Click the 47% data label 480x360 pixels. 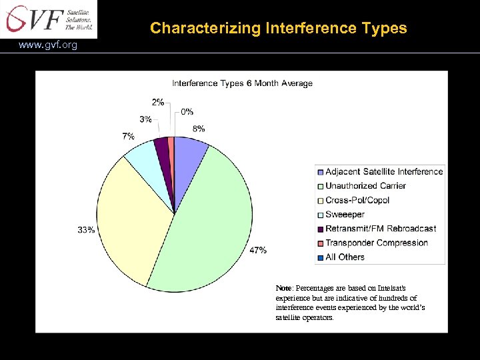point(258,250)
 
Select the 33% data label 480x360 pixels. point(86,230)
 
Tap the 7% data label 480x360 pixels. point(128,136)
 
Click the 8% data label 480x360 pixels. point(199,129)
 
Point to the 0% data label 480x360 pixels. point(187,112)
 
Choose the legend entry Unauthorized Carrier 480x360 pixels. point(365,186)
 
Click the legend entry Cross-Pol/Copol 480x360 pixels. point(357,200)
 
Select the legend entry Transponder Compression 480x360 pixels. point(376,243)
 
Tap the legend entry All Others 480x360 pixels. point(345,257)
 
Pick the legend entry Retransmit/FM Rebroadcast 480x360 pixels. point(381,229)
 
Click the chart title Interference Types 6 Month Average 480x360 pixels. point(242,83)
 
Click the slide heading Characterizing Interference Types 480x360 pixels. point(278,28)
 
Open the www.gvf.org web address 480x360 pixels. point(48,45)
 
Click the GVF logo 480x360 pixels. point(48,19)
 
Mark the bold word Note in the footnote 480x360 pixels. point(283,288)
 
